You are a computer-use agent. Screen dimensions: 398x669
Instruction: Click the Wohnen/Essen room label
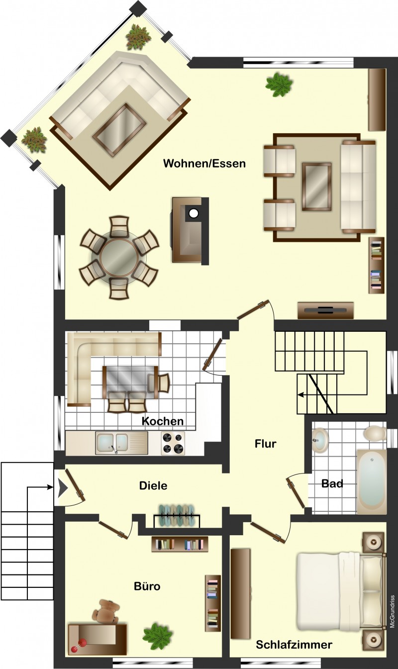click(204, 163)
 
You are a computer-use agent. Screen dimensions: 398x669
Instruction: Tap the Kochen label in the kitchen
click(163, 421)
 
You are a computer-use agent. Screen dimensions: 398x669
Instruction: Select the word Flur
click(265, 444)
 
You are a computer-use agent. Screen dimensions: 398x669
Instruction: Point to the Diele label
click(153, 485)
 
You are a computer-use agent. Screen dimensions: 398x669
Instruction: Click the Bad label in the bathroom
click(332, 483)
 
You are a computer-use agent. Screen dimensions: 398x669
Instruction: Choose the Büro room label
click(147, 586)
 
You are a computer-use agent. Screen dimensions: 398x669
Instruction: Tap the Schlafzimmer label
click(294, 645)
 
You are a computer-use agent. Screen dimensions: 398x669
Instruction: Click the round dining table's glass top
click(119, 256)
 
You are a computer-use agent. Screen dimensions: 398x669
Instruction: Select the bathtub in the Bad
click(372, 481)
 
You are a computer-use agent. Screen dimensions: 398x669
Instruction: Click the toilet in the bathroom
click(375, 434)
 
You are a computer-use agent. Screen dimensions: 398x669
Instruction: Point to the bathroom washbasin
click(320, 439)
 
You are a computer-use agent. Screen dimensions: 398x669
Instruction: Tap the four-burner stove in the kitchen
click(173, 443)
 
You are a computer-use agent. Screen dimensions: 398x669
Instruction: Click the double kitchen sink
click(121, 443)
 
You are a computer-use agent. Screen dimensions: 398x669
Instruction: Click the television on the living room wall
click(325, 310)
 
